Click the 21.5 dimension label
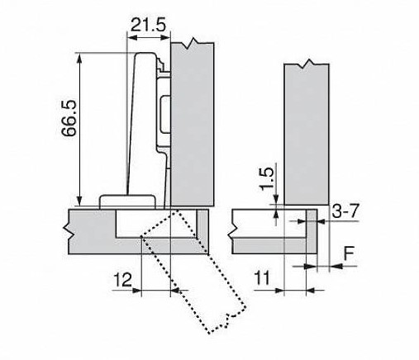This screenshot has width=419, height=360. tap(149, 25)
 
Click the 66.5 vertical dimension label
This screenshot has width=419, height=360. tap(69, 119)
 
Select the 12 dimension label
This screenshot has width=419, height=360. tap(123, 280)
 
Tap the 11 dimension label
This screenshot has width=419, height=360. tap(262, 278)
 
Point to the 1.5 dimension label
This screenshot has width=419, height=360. tap(267, 179)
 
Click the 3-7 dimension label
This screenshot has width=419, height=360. tap(345, 211)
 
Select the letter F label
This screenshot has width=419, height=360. tap(350, 253)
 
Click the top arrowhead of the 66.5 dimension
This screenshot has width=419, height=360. tap(79, 58)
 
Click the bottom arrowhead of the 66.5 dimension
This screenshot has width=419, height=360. tap(79, 201)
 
